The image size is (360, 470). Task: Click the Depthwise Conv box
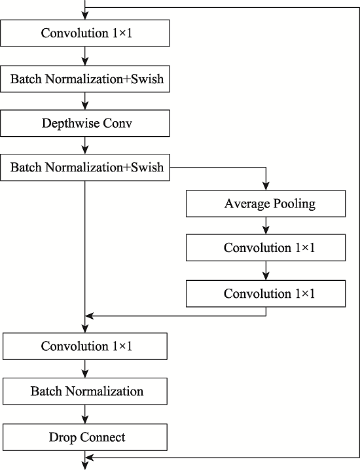[85, 123]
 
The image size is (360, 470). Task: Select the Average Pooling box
[266, 204]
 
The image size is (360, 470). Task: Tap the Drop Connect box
[85, 437]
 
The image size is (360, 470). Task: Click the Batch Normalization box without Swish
[85, 391]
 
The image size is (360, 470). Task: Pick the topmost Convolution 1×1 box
[85, 33]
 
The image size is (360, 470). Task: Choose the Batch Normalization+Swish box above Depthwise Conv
[85, 79]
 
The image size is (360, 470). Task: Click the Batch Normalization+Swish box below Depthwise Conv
[85, 168]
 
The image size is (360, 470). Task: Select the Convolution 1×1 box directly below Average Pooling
[266, 247]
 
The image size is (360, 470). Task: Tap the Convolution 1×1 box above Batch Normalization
[85, 346]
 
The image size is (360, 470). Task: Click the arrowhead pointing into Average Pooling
[266, 186]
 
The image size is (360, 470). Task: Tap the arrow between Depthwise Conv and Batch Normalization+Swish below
[85, 145]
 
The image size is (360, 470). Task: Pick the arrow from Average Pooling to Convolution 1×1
[266, 225]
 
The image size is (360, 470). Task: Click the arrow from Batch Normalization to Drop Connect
[85, 414]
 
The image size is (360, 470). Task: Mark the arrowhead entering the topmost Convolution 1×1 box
[85, 16]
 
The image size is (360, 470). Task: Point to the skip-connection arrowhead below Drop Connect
[90, 458]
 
